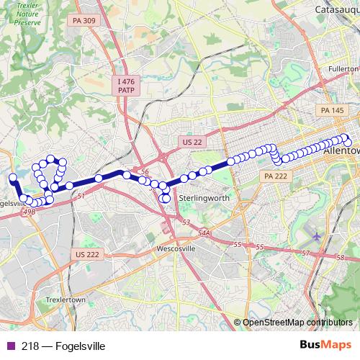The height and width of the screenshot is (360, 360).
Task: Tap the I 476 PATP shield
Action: [127, 88]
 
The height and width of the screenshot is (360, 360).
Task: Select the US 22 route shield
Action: [192, 143]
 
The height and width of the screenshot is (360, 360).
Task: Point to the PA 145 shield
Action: [333, 110]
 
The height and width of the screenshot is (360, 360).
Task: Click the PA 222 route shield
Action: [275, 176]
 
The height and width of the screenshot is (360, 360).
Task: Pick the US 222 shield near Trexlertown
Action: [87, 255]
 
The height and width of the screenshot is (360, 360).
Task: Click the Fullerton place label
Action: [343, 68]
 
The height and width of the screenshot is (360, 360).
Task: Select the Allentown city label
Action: [341, 152]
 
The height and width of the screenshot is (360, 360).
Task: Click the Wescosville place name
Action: [176, 249]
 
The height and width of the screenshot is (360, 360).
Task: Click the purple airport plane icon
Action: [319, 235]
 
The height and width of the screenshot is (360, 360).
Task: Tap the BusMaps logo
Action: [325, 346]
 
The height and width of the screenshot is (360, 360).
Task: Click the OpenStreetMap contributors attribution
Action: [297, 323]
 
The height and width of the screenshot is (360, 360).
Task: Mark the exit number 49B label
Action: [29, 212]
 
